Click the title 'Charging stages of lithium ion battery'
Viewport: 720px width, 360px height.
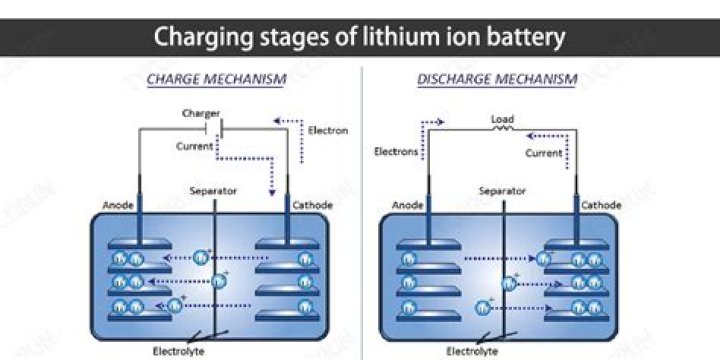(x=360, y=38)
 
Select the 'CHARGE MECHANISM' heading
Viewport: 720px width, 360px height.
(x=215, y=77)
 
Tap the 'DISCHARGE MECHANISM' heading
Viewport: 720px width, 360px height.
(x=496, y=77)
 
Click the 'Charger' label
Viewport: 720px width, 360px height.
(x=201, y=114)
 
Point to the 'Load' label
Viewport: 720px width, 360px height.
(x=502, y=119)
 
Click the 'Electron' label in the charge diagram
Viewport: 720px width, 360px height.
(x=328, y=131)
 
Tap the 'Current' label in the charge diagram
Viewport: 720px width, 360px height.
(x=195, y=146)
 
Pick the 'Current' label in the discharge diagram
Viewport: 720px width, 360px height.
(x=544, y=152)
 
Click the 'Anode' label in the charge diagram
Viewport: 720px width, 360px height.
(x=118, y=206)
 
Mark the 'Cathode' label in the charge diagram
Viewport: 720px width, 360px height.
(x=312, y=206)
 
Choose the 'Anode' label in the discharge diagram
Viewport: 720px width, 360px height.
(x=407, y=206)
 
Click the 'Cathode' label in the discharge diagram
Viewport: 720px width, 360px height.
(x=602, y=206)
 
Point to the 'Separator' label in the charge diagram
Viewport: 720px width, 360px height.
(x=214, y=189)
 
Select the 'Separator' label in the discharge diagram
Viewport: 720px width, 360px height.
(x=502, y=189)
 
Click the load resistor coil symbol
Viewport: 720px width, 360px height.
(x=502, y=129)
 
